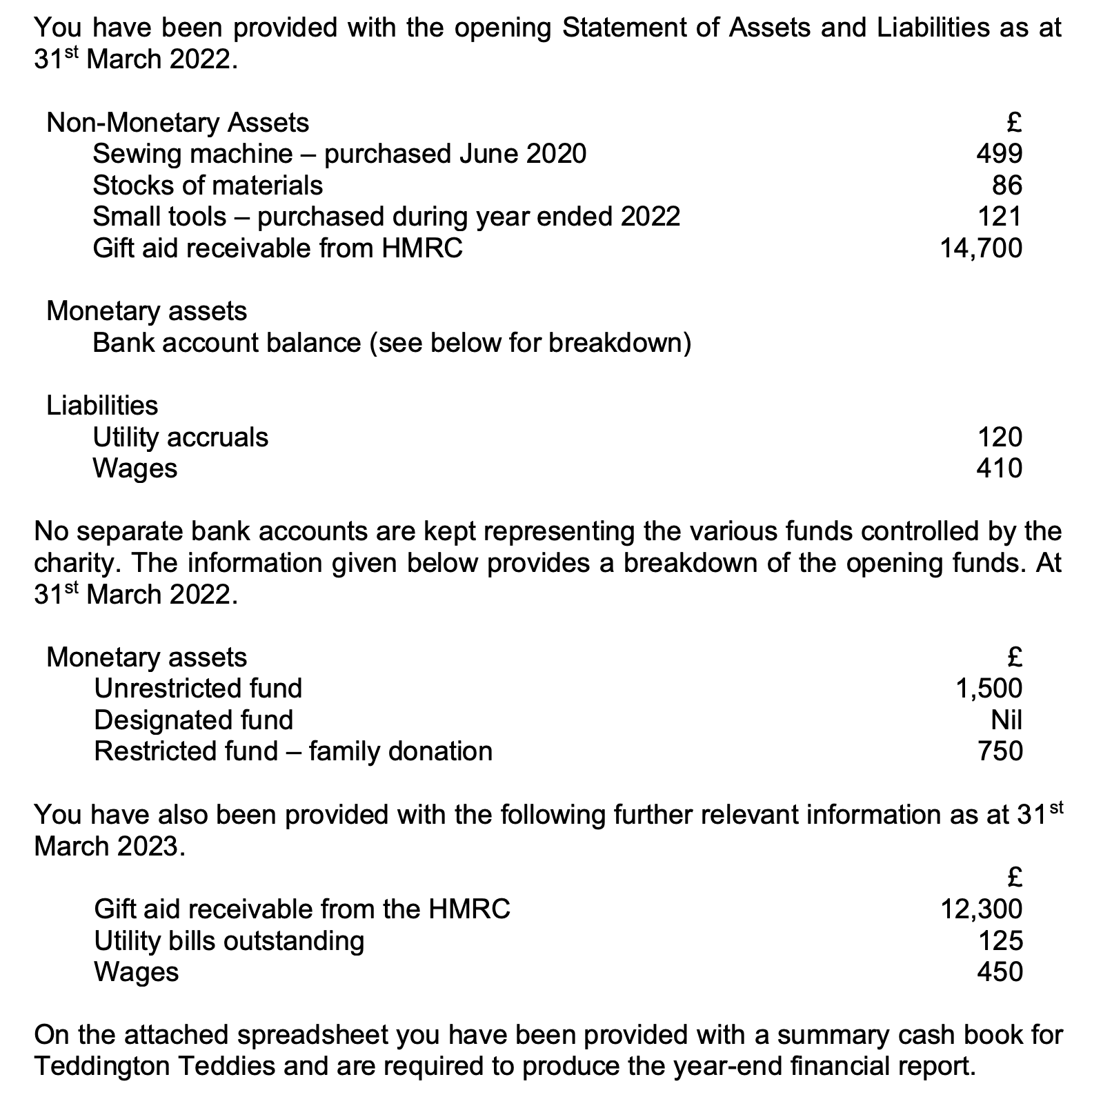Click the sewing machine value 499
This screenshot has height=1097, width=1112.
click(999, 153)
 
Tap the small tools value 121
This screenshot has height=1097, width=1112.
click(1000, 217)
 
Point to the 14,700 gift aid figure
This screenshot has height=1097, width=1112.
click(981, 248)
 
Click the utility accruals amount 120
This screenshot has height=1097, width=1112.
click(1000, 437)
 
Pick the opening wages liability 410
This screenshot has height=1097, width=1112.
click(999, 468)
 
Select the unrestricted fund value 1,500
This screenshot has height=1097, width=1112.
click(989, 688)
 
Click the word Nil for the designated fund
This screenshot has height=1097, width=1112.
click(1006, 720)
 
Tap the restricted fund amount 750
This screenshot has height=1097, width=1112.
click(1000, 751)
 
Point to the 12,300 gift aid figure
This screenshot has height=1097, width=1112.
click(981, 909)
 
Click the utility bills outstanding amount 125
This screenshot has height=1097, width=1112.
click(1000, 940)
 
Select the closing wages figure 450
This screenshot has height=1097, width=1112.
click(1000, 971)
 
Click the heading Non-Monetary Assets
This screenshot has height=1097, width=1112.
click(177, 123)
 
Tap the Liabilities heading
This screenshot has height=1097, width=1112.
click(102, 405)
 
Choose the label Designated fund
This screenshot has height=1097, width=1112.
click(193, 720)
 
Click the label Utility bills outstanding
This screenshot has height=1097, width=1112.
click(229, 940)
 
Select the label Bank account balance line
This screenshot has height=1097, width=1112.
click(391, 342)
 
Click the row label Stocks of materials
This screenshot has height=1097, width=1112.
click(207, 185)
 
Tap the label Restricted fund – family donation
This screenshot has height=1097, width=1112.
click(293, 751)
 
